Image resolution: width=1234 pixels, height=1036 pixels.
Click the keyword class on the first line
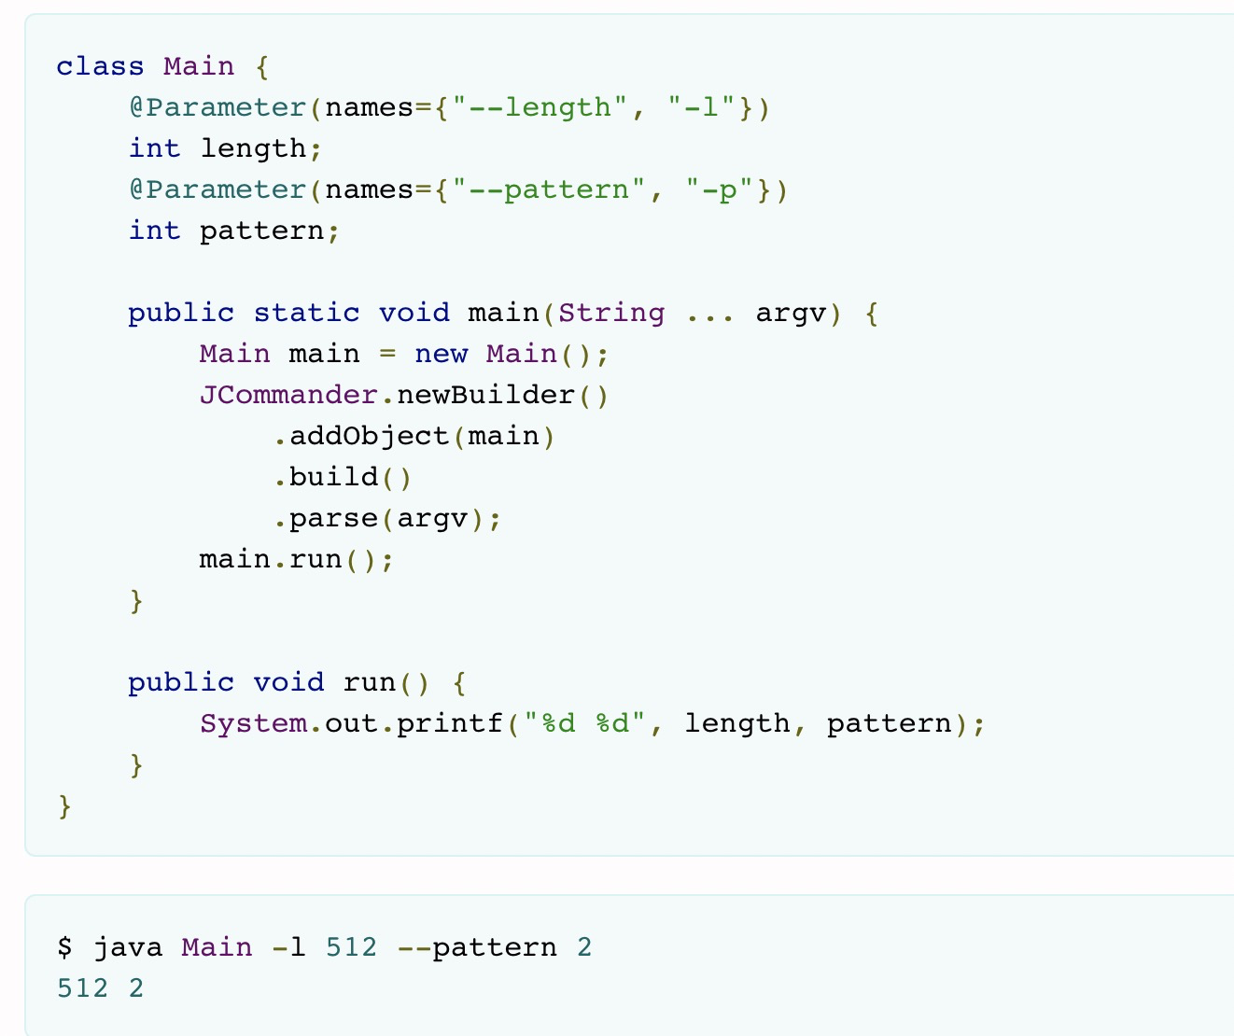(100, 66)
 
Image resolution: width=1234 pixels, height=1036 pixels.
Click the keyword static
(306, 313)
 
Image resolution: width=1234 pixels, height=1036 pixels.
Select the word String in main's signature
(611, 313)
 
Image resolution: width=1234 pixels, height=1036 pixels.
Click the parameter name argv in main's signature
(792, 313)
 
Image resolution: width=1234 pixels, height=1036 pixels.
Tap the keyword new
(441, 354)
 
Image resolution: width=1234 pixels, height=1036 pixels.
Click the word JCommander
(288, 395)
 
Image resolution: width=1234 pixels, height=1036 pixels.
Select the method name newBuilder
(485, 395)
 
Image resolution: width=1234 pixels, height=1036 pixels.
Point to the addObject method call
(369, 436)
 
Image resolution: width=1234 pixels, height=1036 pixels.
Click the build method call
(333, 477)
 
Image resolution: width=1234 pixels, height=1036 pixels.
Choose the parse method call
(333, 518)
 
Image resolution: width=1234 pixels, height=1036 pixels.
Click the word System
(252, 723)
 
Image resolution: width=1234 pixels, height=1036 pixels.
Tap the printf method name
(450, 723)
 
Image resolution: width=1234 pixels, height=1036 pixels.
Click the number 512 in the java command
(352, 947)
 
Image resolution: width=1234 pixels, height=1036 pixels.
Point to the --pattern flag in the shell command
(477, 947)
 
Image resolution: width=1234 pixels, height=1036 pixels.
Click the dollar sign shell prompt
(64, 947)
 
